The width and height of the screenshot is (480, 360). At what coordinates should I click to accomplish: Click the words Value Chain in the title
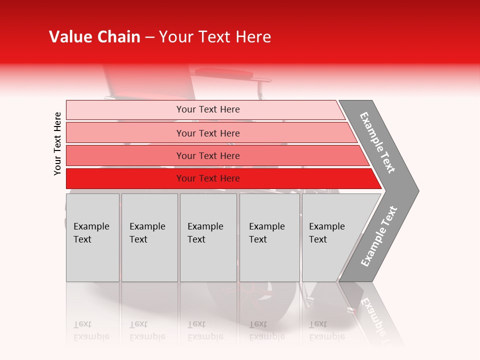[x=94, y=37]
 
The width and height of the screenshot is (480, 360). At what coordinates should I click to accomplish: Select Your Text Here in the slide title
[x=215, y=37]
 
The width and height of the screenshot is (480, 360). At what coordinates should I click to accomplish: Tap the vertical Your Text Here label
[x=57, y=143]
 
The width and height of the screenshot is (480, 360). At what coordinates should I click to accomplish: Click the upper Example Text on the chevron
[x=377, y=142]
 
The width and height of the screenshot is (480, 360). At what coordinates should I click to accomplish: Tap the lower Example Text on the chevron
[x=379, y=236]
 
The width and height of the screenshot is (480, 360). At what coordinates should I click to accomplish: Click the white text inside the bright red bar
[x=208, y=178]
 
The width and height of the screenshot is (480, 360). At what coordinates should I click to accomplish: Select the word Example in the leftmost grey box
[x=91, y=226]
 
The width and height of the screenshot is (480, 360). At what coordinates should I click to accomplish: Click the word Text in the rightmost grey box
[x=317, y=239]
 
